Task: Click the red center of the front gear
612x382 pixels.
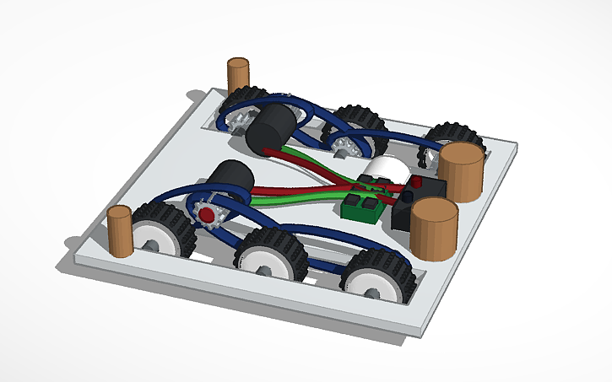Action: click(206, 215)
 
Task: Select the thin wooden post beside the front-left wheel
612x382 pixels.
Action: click(120, 232)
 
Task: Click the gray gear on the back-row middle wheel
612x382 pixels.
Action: click(342, 148)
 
